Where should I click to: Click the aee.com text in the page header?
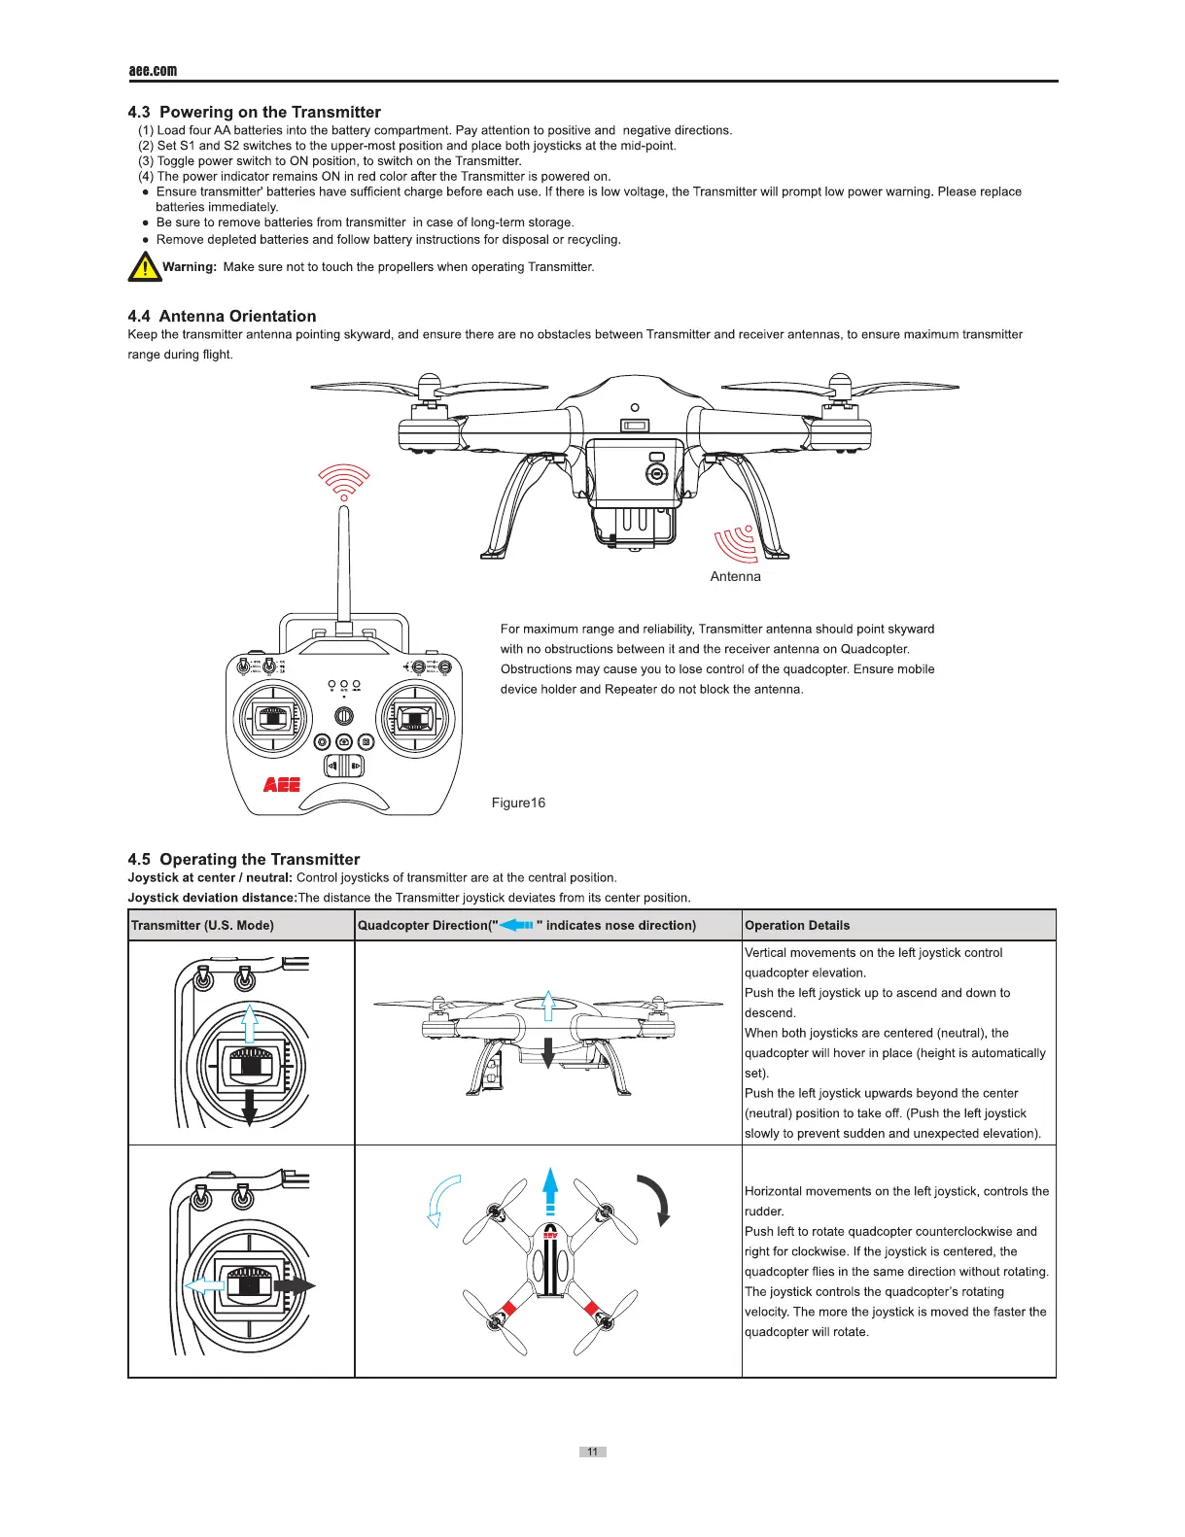point(153,70)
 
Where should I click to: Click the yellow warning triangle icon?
point(144,266)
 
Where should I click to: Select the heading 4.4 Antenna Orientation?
point(222,316)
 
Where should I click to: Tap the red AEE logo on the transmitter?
point(282,784)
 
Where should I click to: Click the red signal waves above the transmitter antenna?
point(344,480)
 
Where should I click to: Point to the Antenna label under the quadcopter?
point(735,576)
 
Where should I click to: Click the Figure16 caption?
point(518,803)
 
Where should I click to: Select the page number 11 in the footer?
point(592,1452)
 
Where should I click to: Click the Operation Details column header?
point(797,925)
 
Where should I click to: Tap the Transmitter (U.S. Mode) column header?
point(202,925)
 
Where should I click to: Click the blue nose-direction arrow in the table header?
point(516,925)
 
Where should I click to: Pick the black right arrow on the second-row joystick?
point(295,1285)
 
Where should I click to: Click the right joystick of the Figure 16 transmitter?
point(416,720)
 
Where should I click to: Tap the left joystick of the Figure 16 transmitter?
point(273,720)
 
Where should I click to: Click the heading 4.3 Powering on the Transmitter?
point(254,112)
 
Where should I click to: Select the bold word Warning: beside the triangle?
point(190,266)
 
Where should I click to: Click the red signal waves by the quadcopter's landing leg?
point(737,542)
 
